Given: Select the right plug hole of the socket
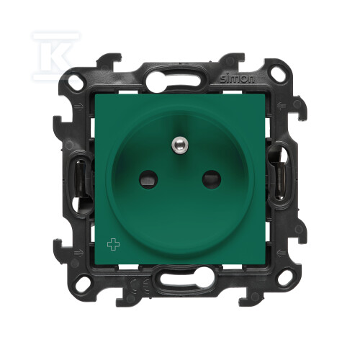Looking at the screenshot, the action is tap(211, 179).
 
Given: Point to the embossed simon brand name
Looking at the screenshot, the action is tap(237, 78).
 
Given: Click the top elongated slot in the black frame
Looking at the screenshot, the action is tap(174, 76).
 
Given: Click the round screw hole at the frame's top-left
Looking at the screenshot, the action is tap(76, 83).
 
